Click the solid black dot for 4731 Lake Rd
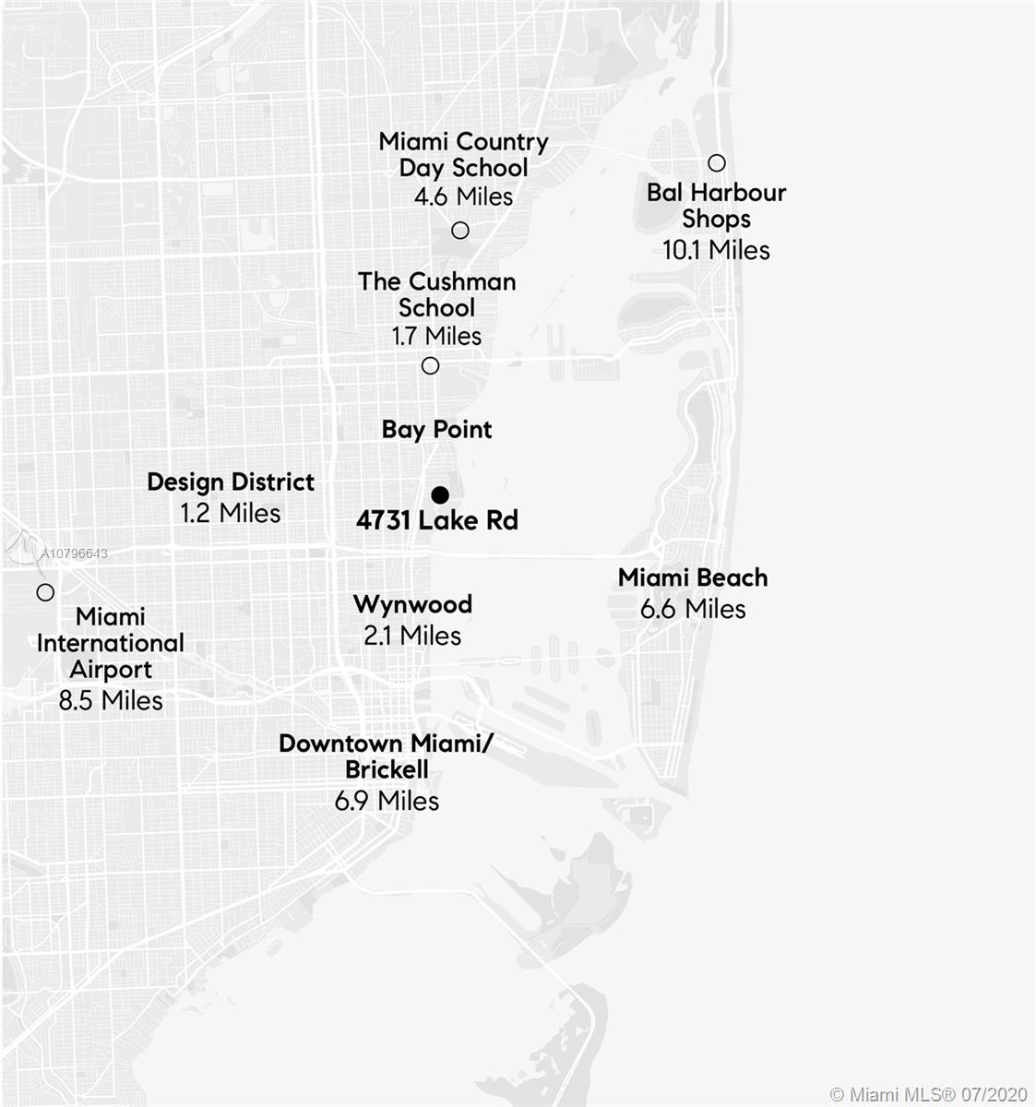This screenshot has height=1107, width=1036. coord(440,494)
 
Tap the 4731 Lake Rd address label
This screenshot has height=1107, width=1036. coord(437,520)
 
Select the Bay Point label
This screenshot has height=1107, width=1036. coord(437,429)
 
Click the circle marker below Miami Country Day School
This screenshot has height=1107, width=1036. coord(460,230)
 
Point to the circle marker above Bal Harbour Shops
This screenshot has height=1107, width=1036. coord(717,163)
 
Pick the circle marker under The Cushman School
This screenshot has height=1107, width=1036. coord(430,365)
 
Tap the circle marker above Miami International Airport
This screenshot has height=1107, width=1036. coord(44,592)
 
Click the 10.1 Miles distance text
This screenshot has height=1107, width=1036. coord(716,250)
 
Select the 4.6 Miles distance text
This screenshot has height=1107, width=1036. coord(463,196)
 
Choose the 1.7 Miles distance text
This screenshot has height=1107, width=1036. coord(436,336)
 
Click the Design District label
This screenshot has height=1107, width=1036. coord(231,482)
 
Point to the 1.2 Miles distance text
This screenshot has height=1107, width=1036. coord(231,513)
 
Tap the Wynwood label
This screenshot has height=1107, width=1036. coord(412,604)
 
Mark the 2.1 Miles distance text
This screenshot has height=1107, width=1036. coord(412,636)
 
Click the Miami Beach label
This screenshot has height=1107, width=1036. coord(693,577)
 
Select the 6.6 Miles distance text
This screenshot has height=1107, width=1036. coord(693,609)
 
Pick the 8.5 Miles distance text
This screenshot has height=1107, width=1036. coord(111,701)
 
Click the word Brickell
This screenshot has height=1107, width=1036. coord(387,769)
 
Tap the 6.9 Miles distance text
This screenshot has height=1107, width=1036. coord(387,801)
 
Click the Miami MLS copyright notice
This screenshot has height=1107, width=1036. coord(928,1094)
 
